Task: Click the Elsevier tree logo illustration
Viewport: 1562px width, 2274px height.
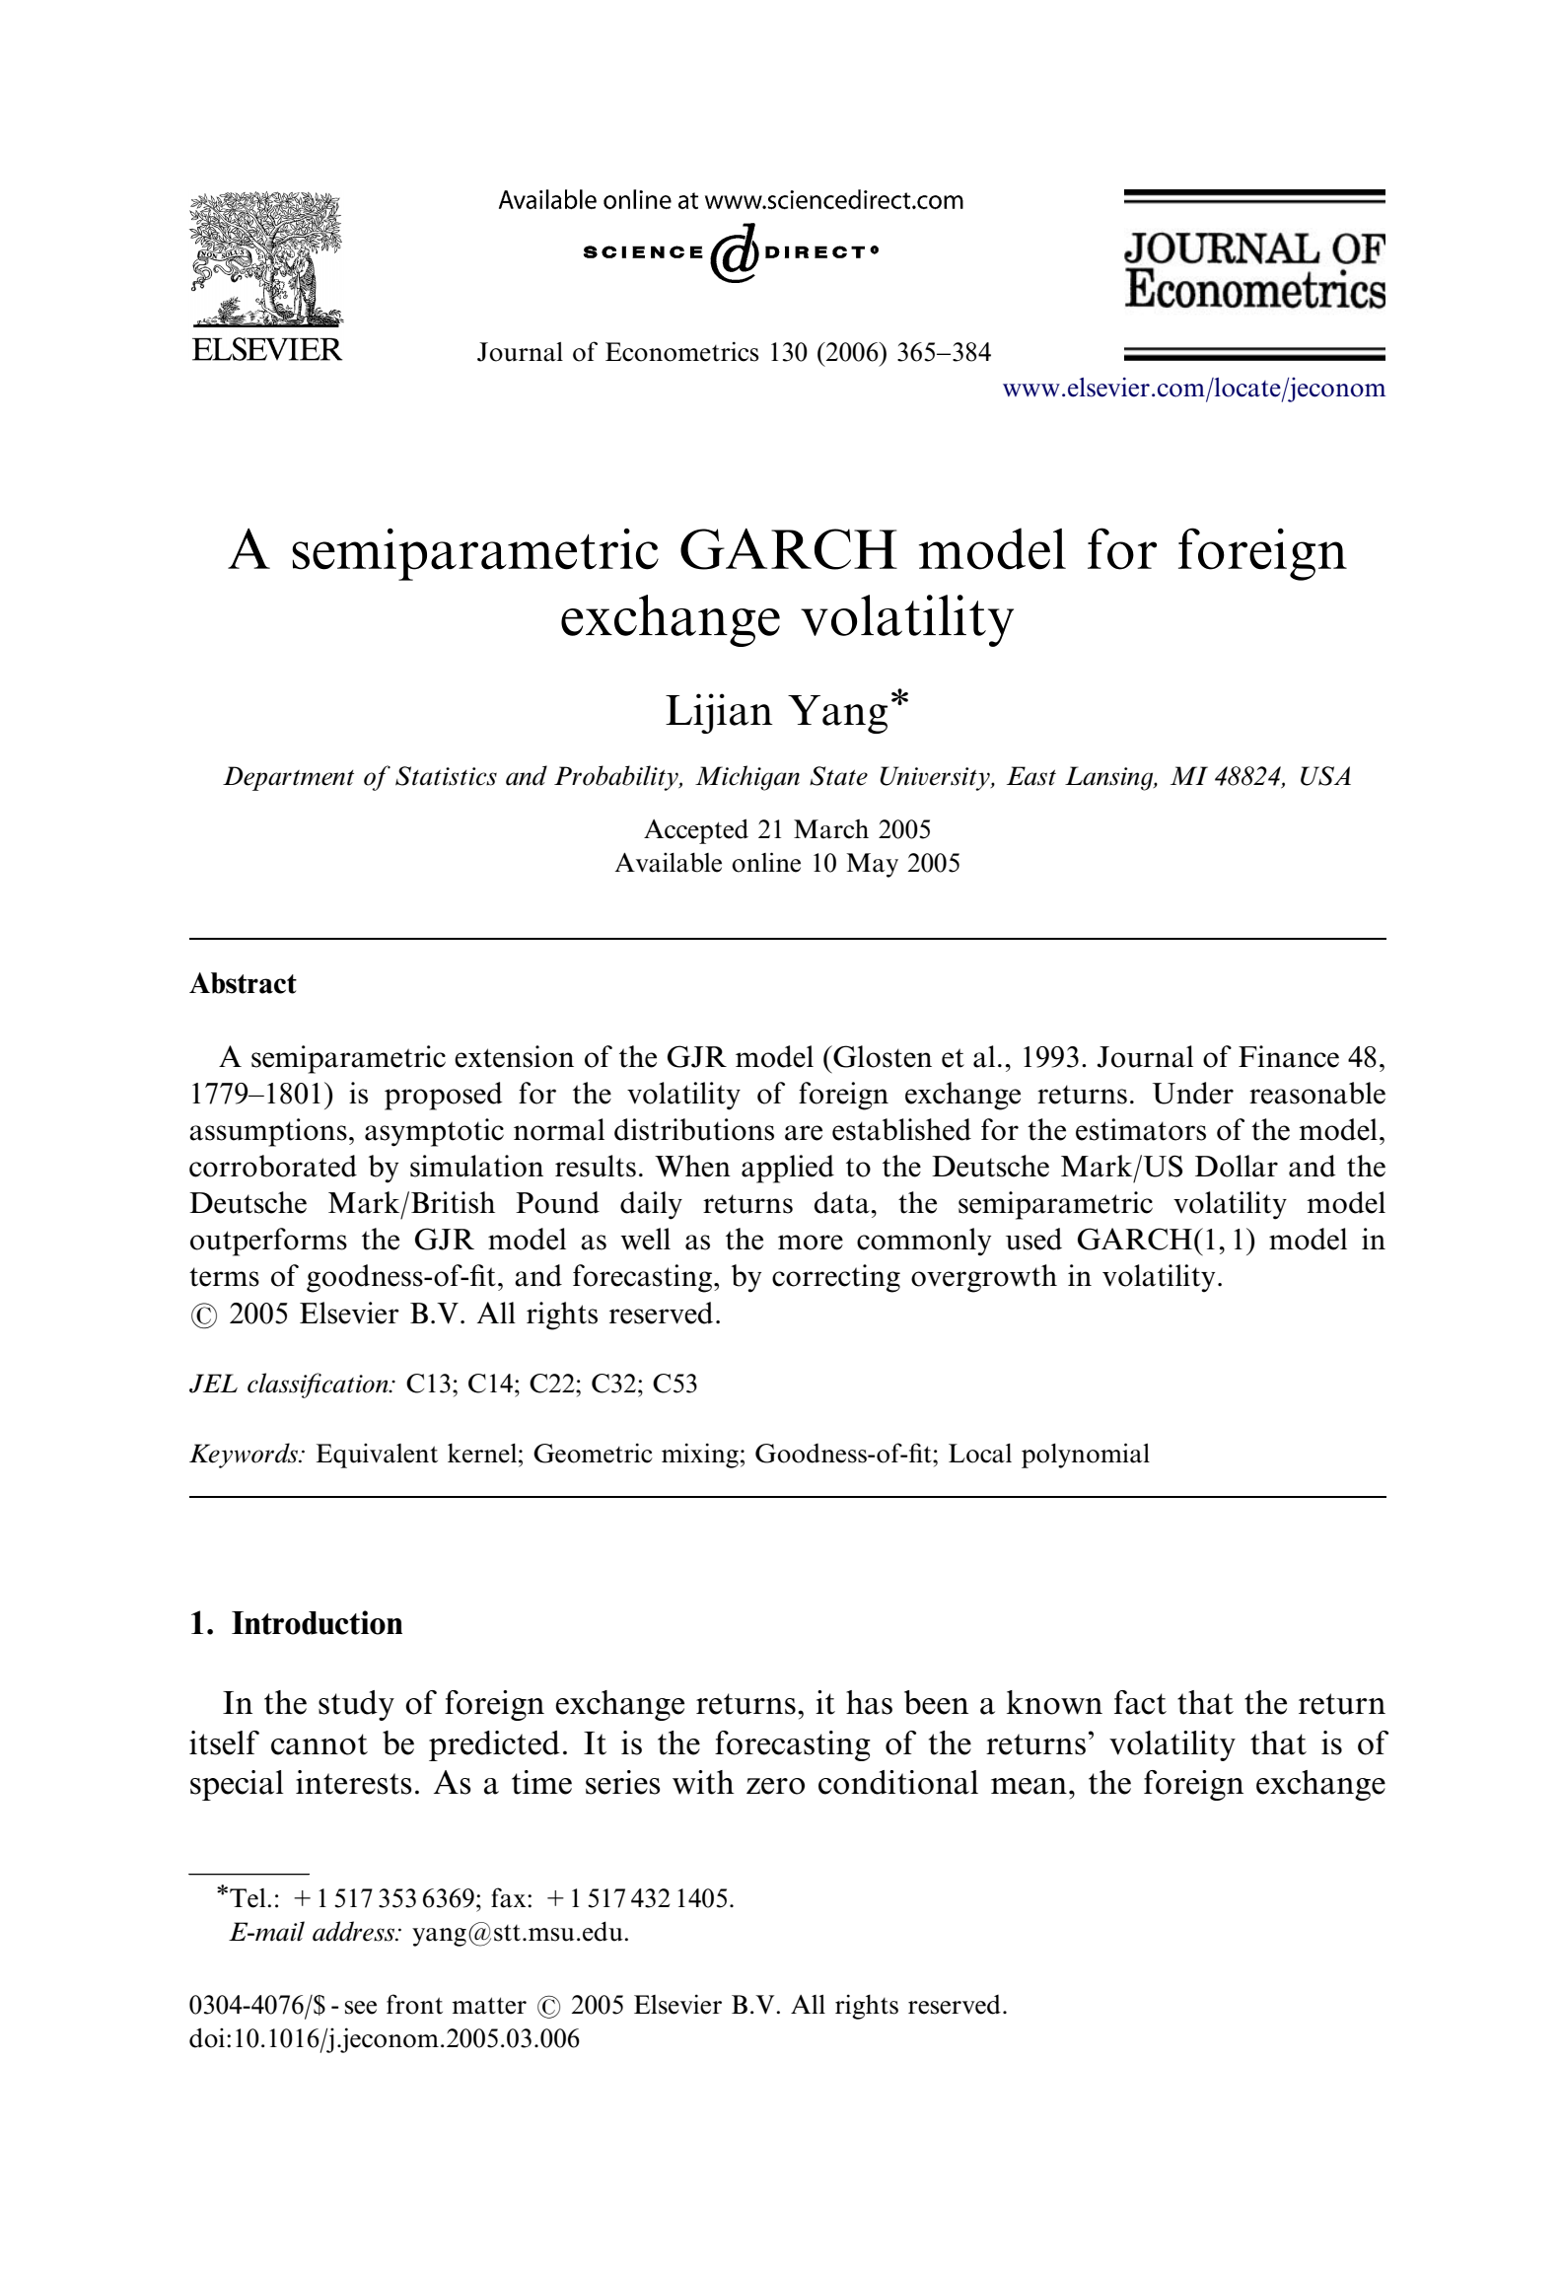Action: pyautogui.click(x=266, y=259)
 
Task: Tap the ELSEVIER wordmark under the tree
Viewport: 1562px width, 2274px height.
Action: pyautogui.click(x=266, y=349)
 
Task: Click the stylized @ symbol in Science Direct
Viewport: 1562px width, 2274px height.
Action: pyautogui.click(x=733, y=253)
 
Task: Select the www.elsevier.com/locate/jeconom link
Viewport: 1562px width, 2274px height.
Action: pyautogui.click(x=1193, y=388)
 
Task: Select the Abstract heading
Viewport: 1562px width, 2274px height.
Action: pyautogui.click(x=243, y=983)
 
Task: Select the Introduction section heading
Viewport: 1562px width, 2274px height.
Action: pyautogui.click(x=317, y=1624)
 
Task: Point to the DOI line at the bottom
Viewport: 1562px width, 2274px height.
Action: pyautogui.click(x=384, y=2038)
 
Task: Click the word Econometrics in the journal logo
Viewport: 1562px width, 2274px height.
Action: pyautogui.click(x=1254, y=290)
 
